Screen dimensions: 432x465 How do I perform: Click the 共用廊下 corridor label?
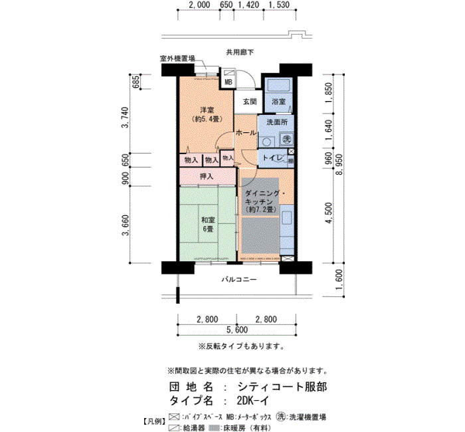[x=240, y=52]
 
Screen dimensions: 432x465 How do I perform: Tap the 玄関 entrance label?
[x=249, y=102]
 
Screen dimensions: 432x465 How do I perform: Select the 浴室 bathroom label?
[x=278, y=102]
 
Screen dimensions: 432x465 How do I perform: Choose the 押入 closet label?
[x=207, y=176]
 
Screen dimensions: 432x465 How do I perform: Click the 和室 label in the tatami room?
[x=207, y=221]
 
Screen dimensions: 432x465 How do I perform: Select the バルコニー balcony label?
[x=239, y=280]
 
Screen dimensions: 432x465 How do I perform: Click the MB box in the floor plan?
[x=228, y=82]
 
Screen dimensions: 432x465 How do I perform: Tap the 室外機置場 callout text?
[x=177, y=58]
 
